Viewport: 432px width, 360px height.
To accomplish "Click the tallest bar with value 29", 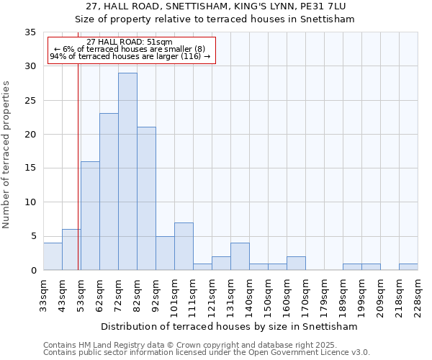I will (127, 171).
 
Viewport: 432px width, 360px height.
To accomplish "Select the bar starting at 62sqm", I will (109, 192).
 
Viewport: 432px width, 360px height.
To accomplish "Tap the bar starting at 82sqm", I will (146, 199).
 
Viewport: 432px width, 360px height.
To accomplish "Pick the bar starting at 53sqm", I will (90, 216).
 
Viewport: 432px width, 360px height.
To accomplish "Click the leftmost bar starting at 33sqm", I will (53, 256).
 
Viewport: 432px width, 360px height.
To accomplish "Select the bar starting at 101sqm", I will (184, 246).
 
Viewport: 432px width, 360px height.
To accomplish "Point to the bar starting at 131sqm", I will (240, 256).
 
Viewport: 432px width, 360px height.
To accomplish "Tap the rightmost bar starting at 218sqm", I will (408, 266).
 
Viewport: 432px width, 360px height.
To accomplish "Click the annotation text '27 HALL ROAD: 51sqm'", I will (129, 42).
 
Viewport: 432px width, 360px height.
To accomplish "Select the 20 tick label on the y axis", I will (30, 135).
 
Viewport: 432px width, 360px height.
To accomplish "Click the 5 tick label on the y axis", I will (33, 237).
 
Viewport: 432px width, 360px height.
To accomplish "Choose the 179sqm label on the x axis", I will (324, 296).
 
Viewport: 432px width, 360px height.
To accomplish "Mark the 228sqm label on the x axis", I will (418, 296).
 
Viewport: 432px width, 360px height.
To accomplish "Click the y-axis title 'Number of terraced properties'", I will (6, 155).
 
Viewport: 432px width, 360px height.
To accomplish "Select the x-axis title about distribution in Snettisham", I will (230, 326).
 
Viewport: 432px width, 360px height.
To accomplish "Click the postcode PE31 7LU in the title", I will (320, 6).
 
